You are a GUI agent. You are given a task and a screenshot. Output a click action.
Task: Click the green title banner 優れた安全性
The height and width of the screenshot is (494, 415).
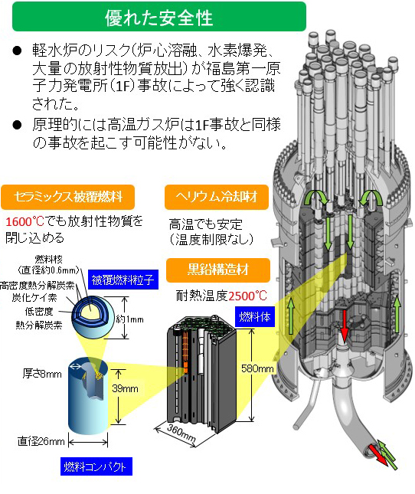(159, 17)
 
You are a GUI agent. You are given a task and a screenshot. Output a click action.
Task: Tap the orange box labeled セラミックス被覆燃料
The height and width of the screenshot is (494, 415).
(67, 197)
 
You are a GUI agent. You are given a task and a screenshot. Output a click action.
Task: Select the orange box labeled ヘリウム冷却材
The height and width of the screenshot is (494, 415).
(217, 197)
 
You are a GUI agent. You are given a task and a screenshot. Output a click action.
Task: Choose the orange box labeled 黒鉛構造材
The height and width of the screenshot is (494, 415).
(218, 270)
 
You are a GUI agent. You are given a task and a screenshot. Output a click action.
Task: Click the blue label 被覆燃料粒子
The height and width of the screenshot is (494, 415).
(123, 280)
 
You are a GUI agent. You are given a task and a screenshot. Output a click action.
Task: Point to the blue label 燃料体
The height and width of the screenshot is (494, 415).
(255, 316)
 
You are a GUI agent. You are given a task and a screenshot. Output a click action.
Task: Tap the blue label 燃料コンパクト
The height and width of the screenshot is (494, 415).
(96, 466)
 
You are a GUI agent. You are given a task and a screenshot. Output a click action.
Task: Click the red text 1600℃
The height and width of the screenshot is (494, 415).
(25, 221)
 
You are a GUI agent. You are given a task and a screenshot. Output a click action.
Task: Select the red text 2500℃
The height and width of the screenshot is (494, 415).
(247, 296)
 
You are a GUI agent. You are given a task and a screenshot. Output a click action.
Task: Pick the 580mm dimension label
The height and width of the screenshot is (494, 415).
(257, 368)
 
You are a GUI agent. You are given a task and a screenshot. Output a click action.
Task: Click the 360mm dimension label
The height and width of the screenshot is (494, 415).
(181, 433)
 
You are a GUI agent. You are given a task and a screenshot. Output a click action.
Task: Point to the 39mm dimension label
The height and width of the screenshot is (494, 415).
(125, 388)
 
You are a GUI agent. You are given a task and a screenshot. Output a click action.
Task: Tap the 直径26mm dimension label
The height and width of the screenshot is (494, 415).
(41, 441)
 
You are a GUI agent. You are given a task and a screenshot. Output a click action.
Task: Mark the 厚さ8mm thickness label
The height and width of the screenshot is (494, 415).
(42, 374)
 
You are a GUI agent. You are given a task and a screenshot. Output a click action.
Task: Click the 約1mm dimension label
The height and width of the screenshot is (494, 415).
(129, 319)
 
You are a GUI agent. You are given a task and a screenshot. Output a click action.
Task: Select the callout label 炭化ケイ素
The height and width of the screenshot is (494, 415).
(34, 297)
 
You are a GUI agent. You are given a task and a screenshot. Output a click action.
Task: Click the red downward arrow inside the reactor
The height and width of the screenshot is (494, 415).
(345, 326)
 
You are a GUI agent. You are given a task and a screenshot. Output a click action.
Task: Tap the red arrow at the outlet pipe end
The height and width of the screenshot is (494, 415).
(378, 455)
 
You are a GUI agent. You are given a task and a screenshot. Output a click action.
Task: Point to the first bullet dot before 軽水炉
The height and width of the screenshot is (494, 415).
(18, 51)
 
